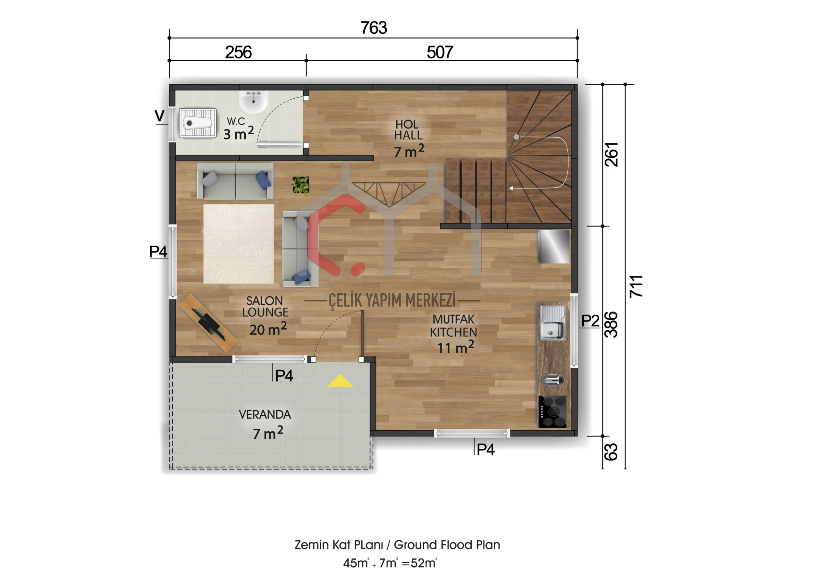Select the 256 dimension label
238,53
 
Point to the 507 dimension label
440,53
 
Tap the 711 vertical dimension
636,287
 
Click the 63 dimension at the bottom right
611,452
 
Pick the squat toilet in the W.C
198,123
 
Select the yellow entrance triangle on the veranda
340,381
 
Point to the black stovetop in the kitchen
552,411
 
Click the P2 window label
590,321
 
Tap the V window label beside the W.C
159,116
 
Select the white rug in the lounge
239,244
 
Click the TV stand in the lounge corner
208,323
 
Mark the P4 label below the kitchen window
485,450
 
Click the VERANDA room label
265,415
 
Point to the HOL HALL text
408,130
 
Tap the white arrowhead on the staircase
511,188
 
